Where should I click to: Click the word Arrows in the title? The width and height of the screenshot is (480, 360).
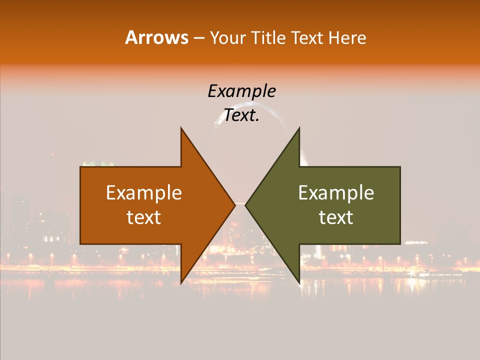tap(157, 37)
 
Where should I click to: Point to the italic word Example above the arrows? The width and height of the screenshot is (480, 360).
tap(241, 91)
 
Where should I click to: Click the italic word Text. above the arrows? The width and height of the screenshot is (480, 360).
tap(241, 115)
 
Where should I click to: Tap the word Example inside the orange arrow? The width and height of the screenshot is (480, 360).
tap(144, 192)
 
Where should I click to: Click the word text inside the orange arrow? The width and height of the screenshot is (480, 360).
tap(144, 217)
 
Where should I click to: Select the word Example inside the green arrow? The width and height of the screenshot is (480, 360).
tap(336, 192)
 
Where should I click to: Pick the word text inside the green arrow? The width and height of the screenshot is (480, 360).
tap(336, 217)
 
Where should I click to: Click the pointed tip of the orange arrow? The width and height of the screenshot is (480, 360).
tap(234, 205)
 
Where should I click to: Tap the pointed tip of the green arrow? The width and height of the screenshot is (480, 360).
tap(245, 205)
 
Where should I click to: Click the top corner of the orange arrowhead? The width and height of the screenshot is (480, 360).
tap(181, 128)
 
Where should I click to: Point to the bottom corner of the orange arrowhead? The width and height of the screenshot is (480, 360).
tap(181, 283)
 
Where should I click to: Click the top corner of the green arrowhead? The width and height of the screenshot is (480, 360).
tap(299, 128)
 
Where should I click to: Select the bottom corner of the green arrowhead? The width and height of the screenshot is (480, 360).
tap(299, 283)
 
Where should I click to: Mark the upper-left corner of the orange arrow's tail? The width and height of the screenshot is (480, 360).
tap(80, 167)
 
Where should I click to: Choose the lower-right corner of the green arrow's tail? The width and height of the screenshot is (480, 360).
tap(400, 244)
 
